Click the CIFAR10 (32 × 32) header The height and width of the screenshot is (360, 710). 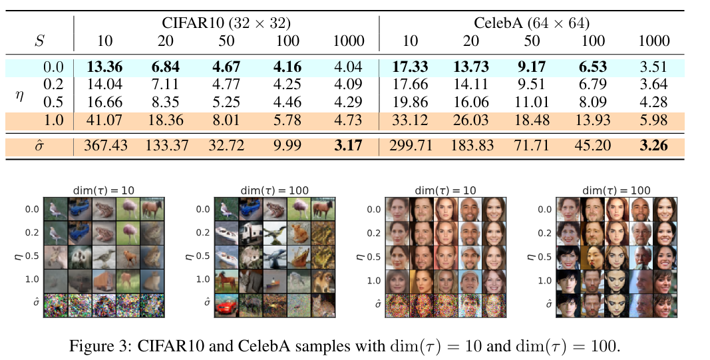[x=226, y=23]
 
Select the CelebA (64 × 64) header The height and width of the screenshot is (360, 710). [x=532, y=23]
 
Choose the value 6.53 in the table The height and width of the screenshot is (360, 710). [x=593, y=67]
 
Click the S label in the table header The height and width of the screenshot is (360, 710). [x=41, y=41]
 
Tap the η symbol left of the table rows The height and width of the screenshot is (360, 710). [x=20, y=94]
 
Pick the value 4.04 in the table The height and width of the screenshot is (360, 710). [x=348, y=67]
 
